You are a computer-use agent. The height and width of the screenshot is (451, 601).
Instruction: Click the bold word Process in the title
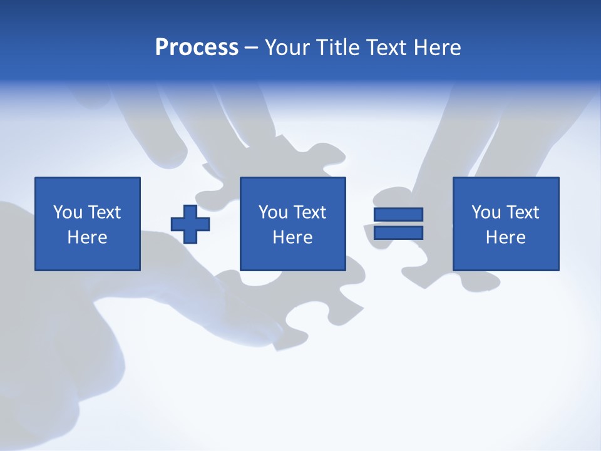[x=197, y=48]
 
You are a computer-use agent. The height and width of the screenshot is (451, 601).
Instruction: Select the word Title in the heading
[x=337, y=48]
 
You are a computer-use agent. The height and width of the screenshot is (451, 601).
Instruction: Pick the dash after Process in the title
[x=252, y=48]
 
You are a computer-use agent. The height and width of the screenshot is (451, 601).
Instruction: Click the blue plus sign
[x=190, y=224]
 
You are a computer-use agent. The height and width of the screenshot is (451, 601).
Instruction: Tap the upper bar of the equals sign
[x=398, y=214]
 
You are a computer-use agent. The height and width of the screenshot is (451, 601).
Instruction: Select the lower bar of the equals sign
[x=398, y=232]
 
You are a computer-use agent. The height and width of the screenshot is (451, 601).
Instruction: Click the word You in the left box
[x=68, y=212]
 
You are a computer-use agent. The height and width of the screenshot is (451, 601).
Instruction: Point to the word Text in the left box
[x=104, y=212]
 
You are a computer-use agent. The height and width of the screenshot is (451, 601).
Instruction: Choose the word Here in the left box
[x=87, y=237]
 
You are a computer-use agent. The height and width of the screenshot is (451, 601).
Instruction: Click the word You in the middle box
[x=273, y=212]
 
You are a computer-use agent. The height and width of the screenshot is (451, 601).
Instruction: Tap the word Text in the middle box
[x=309, y=212]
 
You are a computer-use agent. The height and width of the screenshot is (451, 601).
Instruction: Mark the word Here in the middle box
[x=292, y=237]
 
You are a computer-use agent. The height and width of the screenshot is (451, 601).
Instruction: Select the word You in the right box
[x=486, y=212]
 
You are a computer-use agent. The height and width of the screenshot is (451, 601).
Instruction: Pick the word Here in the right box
[x=505, y=237]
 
